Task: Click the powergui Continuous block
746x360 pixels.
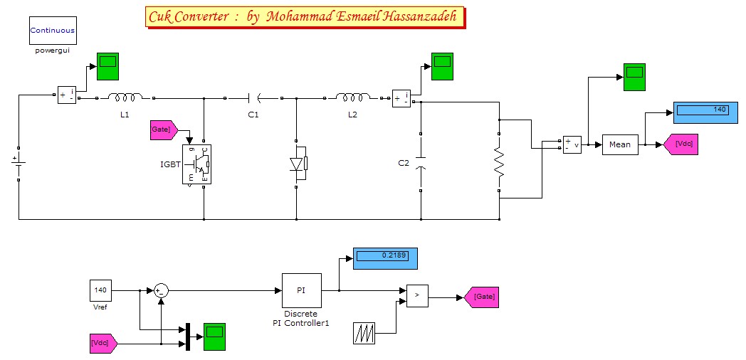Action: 53,31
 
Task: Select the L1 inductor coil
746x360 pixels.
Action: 125,97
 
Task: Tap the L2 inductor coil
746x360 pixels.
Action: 353,97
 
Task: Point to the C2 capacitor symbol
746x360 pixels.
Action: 421,162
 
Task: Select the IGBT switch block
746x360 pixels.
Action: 197,165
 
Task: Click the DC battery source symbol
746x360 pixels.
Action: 19,162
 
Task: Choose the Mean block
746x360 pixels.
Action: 619,144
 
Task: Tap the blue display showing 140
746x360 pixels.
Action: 704,111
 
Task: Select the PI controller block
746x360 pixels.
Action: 302,290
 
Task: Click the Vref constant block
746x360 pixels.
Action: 100,290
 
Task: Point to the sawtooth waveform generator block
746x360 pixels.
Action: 364,333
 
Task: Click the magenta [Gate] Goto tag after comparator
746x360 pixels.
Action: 481,296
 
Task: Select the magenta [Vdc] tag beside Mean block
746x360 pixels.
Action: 680,144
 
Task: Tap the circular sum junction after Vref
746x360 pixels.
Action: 161,290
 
